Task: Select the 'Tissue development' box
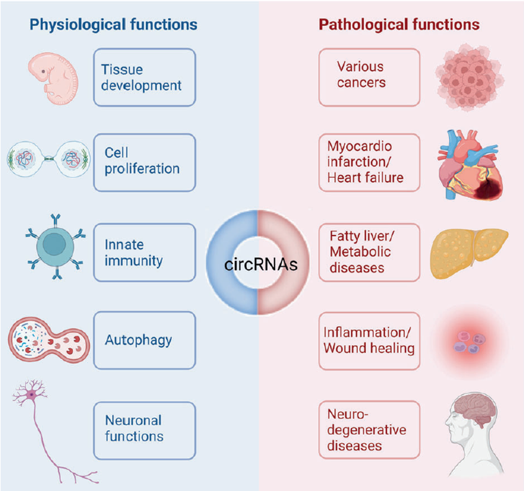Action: (x=144, y=77)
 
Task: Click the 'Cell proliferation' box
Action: (x=144, y=161)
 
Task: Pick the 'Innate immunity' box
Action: (x=144, y=253)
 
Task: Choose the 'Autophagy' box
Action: (x=144, y=340)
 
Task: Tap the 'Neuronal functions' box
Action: (x=144, y=428)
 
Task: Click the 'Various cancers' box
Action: (x=369, y=74)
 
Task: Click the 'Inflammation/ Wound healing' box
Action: (x=369, y=340)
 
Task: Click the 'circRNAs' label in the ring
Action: (x=261, y=265)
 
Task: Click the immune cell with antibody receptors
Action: (x=54, y=252)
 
